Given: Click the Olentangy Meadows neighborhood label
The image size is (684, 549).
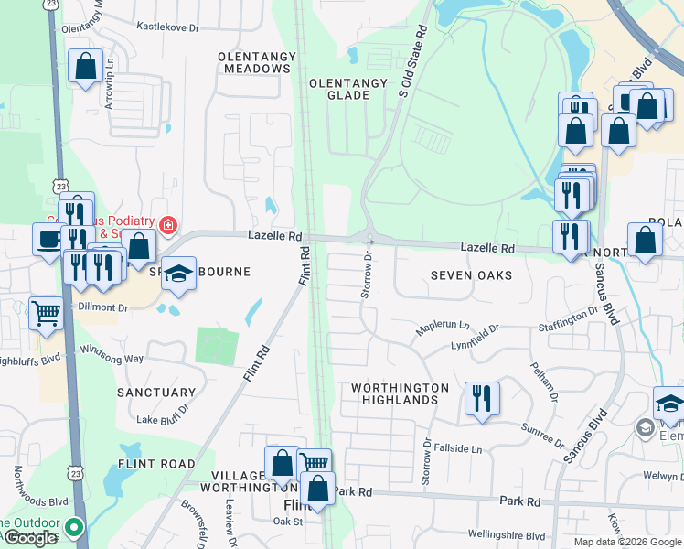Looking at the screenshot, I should click(257, 62).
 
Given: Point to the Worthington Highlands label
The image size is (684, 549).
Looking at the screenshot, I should click(401, 394).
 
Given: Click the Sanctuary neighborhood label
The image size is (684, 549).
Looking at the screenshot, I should click(156, 393).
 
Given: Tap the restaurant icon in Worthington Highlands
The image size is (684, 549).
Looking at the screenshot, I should click(482, 399).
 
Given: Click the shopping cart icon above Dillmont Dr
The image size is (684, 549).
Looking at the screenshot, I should click(47, 314).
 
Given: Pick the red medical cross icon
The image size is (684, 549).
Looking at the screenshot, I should click(167, 225).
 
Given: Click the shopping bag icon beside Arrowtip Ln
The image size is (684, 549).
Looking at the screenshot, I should click(86, 66).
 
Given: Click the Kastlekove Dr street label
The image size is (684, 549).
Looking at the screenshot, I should click(167, 28).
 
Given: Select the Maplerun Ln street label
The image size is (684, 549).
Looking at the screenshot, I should click(443, 326).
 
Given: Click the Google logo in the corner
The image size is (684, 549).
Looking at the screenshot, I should click(31, 538).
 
